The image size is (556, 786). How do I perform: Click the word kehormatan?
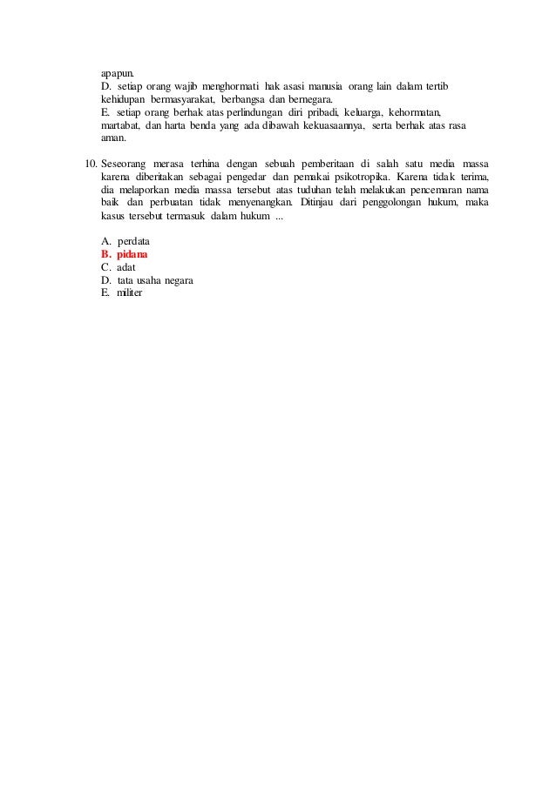coord(414,112)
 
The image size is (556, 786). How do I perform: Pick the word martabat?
coord(121,125)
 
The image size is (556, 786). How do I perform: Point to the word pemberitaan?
coord(309,164)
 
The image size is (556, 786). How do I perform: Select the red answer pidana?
coord(133,254)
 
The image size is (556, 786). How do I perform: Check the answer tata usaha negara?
coord(155,280)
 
